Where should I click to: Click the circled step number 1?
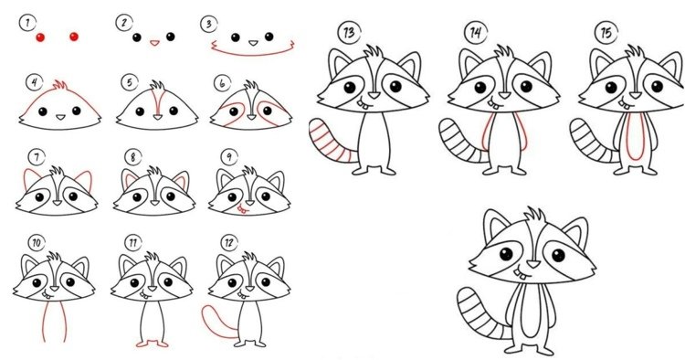(x=27, y=23)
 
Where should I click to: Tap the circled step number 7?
(x=37, y=157)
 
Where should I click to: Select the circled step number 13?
(x=349, y=32)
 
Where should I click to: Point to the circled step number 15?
(x=606, y=32)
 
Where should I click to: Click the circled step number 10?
(x=37, y=243)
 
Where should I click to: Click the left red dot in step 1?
(x=40, y=37)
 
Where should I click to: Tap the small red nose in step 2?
(x=154, y=43)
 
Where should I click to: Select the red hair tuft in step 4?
(x=60, y=85)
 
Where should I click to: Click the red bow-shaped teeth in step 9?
(x=242, y=210)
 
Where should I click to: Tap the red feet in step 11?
(x=152, y=344)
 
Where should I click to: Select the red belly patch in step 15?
(x=636, y=136)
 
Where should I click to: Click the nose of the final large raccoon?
(x=532, y=264)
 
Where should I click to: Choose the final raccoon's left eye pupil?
(x=506, y=253)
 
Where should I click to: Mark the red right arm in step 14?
(x=522, y=131)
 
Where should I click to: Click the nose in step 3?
(x=253, y=43)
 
